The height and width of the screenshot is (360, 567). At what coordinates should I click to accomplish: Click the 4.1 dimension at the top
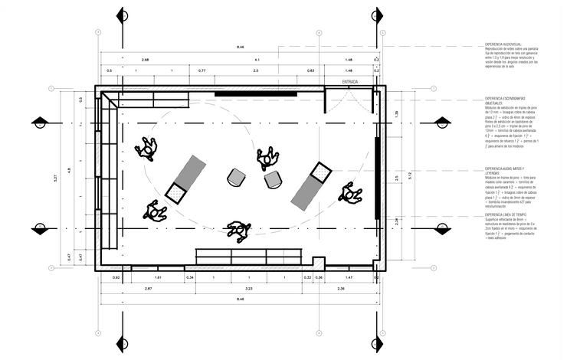tap(257, 59)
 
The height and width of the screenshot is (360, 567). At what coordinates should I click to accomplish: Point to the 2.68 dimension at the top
tap(145, 59)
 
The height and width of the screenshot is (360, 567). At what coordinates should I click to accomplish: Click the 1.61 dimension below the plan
tap(158, 277)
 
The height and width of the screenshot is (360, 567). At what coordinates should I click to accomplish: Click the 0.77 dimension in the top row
tap(202, 70)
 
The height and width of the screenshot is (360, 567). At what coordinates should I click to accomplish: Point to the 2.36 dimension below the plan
tap(340, 289)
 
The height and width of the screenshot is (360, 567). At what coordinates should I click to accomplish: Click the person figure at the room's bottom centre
tap(239, 230)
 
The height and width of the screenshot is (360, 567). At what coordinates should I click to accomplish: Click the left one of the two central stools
tap(237, 178)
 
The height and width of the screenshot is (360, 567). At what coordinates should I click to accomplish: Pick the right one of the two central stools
tap(273, 180)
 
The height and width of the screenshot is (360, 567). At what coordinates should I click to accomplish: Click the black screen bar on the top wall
tap(240, 94)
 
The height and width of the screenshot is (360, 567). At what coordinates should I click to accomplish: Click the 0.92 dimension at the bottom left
tap(116, 277)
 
